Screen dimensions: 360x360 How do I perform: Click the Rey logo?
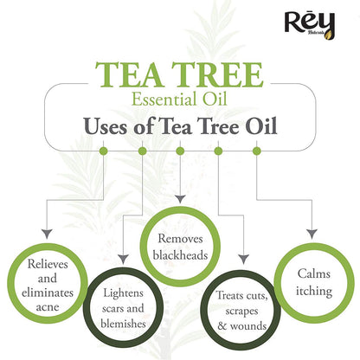point(310,25)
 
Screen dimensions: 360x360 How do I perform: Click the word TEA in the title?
point(129,74)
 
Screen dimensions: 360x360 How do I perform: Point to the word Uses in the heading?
point(106,126)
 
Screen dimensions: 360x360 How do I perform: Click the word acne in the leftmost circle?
point(48,307)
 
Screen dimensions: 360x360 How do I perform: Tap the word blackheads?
point(180,255)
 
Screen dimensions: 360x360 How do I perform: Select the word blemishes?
point(123,324)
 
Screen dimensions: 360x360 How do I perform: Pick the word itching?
point(314,292)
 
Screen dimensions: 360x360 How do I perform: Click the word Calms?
point(314,273)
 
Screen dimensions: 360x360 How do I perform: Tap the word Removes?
point(180,239)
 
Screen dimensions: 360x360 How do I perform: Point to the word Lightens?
point(123,293)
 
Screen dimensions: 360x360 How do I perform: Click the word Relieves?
point(48,264)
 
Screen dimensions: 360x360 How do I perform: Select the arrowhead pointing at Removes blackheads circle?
point(180,199)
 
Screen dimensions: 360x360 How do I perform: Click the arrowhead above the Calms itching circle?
point(312,234)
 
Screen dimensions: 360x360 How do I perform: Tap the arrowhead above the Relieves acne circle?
point(47,234)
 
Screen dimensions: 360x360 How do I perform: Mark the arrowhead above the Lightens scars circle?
point(123,259)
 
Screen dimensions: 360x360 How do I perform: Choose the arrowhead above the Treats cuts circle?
point(244,259)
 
